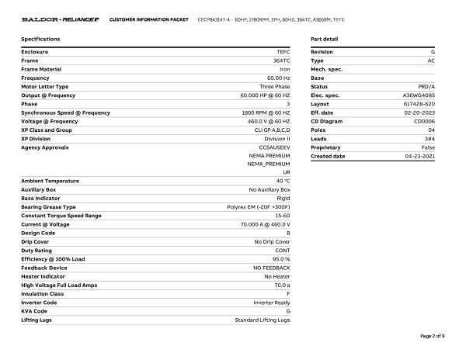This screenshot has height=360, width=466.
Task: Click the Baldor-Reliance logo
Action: coord(60,19)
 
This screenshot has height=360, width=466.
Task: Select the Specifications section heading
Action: coord(40,39)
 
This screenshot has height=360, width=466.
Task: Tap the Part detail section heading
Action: coord(324,39)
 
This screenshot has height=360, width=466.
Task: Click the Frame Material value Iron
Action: coord(284,69)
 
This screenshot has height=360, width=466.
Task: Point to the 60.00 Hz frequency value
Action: coord(278,78)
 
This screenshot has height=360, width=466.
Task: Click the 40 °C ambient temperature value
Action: coord(283,181)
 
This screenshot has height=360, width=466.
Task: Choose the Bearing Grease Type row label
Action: coord(48,207)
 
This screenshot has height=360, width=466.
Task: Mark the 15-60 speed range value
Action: coord(281,216)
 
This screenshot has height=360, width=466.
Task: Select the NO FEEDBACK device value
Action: coord(271,268)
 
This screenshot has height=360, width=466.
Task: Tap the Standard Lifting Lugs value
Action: coord(263,320)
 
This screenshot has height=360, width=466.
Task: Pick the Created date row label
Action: coord(328,156)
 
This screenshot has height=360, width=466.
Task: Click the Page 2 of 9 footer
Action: coord(432,336)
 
